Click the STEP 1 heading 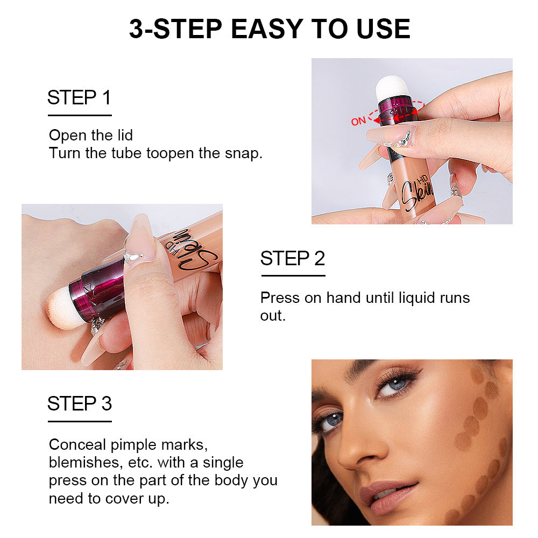click(79, 98)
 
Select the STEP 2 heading click(293, 258)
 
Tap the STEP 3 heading click(79, 403)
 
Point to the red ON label click(358, 121)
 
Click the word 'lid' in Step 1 click(123, 134)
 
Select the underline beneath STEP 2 click(293, 275)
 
